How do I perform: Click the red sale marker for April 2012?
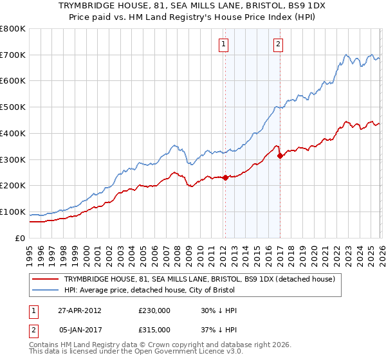click(x=225, y=178)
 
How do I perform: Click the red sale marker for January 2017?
click(x=279, y=156)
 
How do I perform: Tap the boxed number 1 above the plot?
click(x=223, y=44)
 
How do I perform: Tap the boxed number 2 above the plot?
click(x=278, y=44)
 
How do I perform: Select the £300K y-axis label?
click(x=13, y=159)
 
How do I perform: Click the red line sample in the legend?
click(x=45, y=280)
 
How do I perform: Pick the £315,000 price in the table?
click(x=154, y=329)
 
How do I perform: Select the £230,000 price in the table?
click(x=154, y=310)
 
